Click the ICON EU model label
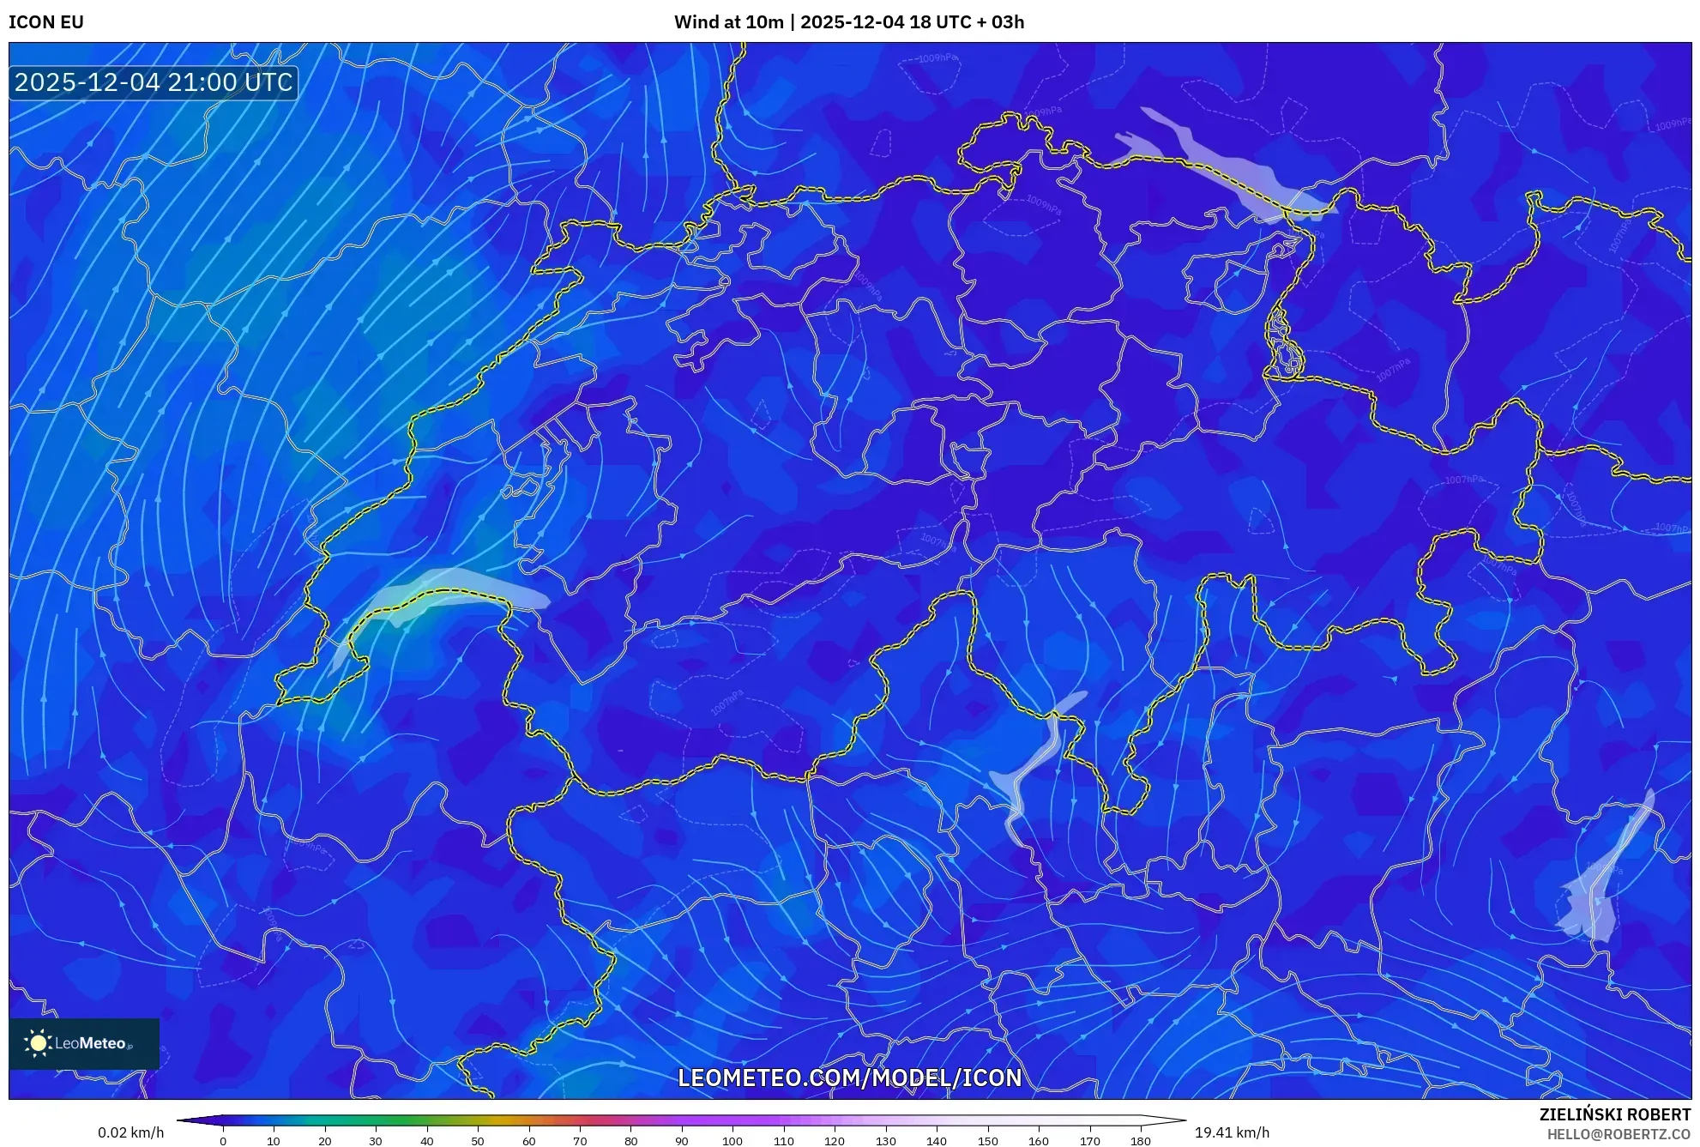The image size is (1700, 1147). (46, 22)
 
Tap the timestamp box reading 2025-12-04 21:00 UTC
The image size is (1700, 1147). (154, 82)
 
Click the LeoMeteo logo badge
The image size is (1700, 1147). (84, 1043)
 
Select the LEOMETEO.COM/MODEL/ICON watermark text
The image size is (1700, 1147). (849, 1078)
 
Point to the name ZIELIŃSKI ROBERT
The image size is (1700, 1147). (1614, 1114)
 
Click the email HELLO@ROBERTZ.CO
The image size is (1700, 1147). (1618, 1134)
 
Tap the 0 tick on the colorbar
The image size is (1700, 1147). (223, 1141)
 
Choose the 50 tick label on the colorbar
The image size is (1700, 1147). (478, 1141)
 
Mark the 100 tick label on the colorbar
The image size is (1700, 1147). (732, 1141)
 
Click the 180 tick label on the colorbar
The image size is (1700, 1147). (1140, 1141)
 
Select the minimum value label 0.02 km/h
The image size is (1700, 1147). (130, 1132)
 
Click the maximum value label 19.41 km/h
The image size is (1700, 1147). (1232, 1132)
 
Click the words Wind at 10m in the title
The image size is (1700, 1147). (728, 22)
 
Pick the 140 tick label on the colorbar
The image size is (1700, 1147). (936, 1141)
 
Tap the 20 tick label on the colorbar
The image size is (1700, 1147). (324, 1141)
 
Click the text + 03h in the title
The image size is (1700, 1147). (1001, 22)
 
